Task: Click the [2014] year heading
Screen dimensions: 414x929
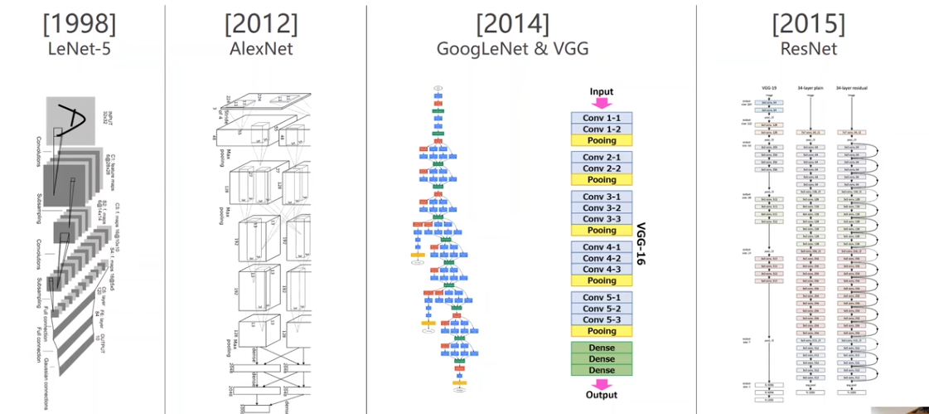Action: [512, 22]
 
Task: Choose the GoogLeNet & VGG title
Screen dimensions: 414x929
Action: [512, 49]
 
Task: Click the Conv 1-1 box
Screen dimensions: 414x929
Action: [602, 118]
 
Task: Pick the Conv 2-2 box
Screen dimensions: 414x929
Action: [602, 168]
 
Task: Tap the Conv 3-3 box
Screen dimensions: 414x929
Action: [602, 219]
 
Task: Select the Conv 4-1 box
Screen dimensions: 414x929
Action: [602, 247]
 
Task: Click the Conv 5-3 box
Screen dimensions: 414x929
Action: [602, 319]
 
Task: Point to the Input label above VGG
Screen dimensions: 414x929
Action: [602, 91]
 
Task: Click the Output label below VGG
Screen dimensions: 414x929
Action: [602, 395]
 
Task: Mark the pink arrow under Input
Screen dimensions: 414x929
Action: [602, 104]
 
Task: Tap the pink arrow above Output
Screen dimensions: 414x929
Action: [602, 382]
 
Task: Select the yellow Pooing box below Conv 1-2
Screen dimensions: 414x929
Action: [602, 141]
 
